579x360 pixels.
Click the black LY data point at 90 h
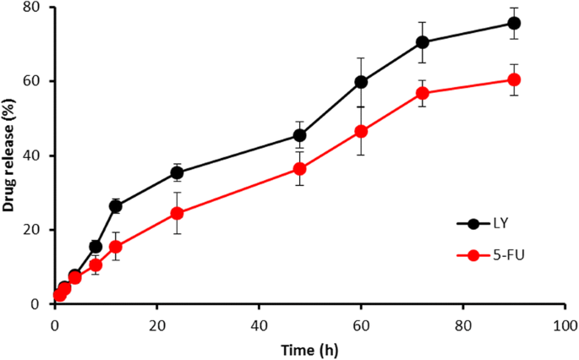pos(514,23)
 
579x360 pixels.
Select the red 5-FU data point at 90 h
pos(514,79)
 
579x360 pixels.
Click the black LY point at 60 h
pos(361,82)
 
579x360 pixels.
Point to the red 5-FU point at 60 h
pos(361,131)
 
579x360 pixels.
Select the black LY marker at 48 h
pos(299,135)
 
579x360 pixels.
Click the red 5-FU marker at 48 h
pos(299,169)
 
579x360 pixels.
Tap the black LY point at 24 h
pos(177,172)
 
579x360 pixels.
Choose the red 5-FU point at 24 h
pos(177,213)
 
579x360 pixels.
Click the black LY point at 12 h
pos(116,206)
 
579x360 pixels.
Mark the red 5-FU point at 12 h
pos(116,247)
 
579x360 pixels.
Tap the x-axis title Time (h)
pos(309,347)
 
